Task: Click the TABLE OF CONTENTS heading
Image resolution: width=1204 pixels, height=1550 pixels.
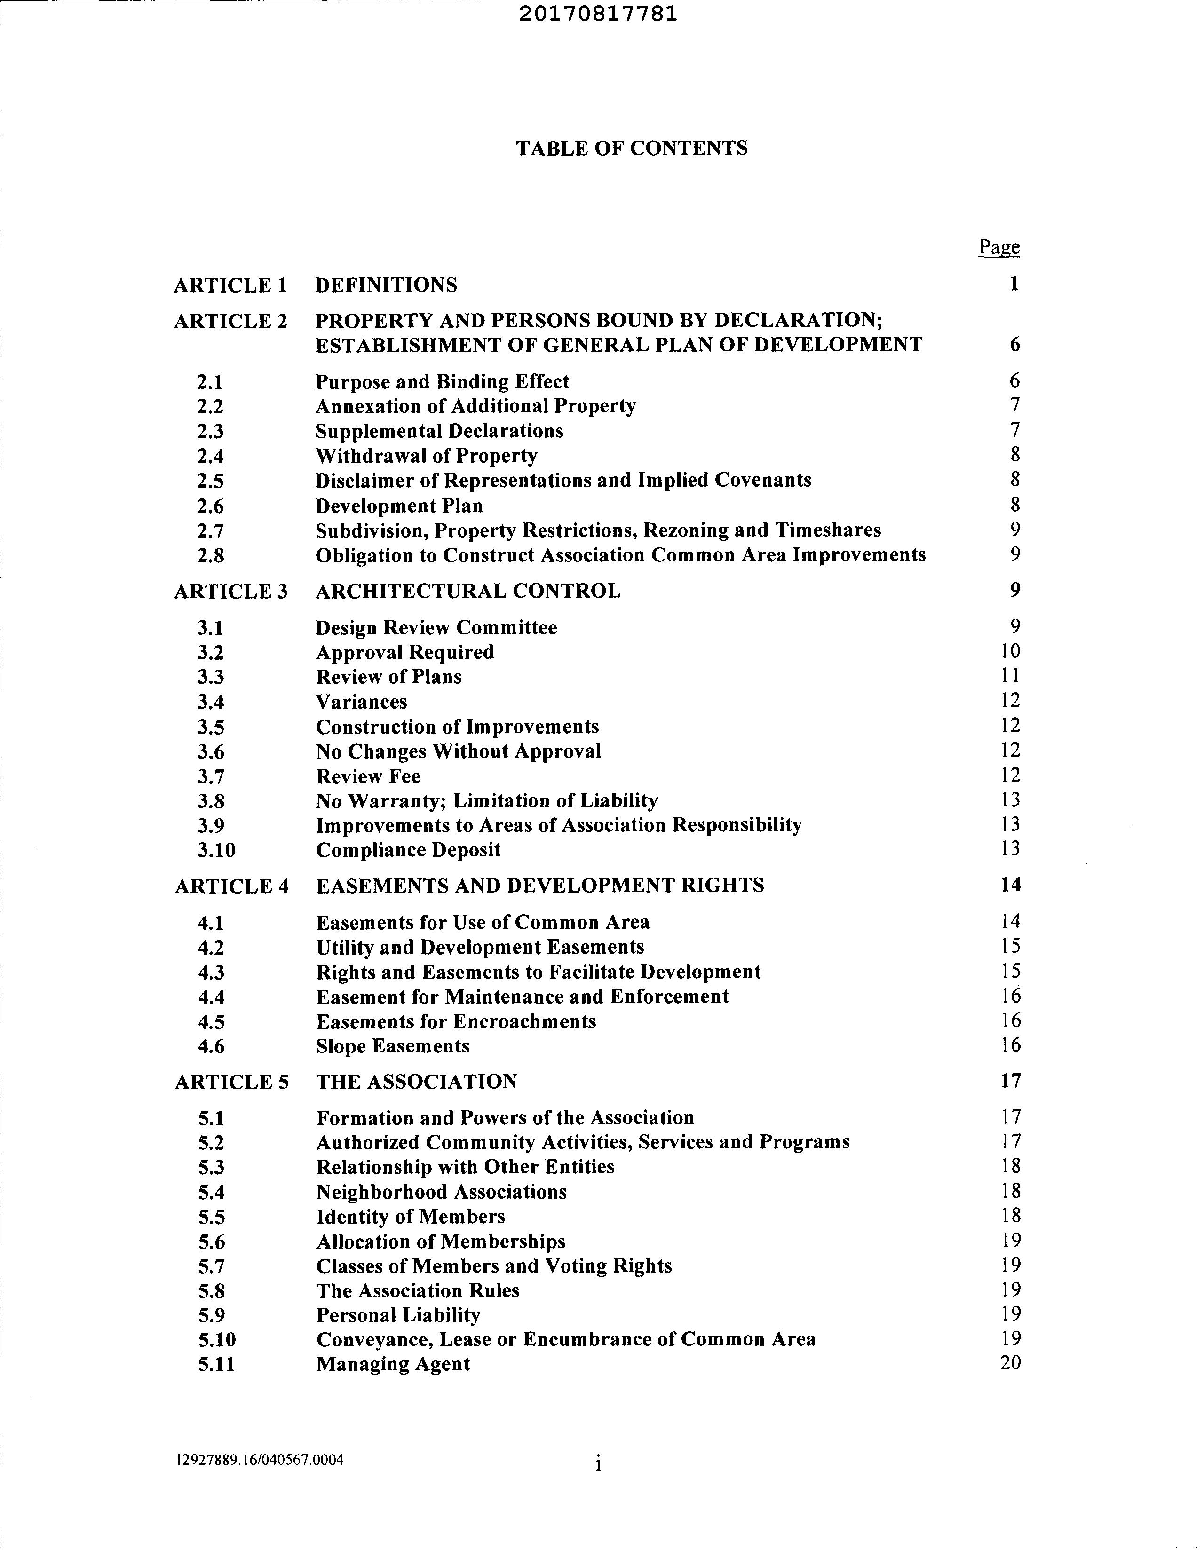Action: click(x=631, y=148)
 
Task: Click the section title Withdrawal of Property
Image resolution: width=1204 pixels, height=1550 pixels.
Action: click(x=426, y=456)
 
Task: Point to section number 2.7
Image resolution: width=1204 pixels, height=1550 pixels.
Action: click(x=210, y=531)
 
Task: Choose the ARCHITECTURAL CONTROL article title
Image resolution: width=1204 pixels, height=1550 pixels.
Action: click(x=468, y=591)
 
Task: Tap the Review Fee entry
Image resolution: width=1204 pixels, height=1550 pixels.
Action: click(x=368, y=776)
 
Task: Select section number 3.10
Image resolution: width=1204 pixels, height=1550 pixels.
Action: click(x=216, y=850)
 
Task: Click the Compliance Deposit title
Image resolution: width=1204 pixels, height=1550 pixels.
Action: click(x=408, y=850)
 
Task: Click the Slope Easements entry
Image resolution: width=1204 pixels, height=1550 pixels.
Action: click(x=393, y=1046)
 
